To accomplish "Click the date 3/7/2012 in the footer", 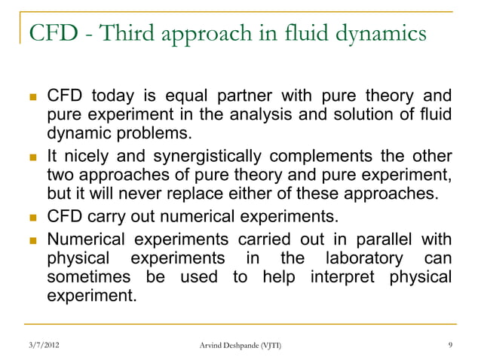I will [x=39, y=346].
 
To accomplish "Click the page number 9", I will [x=450, y=346].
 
